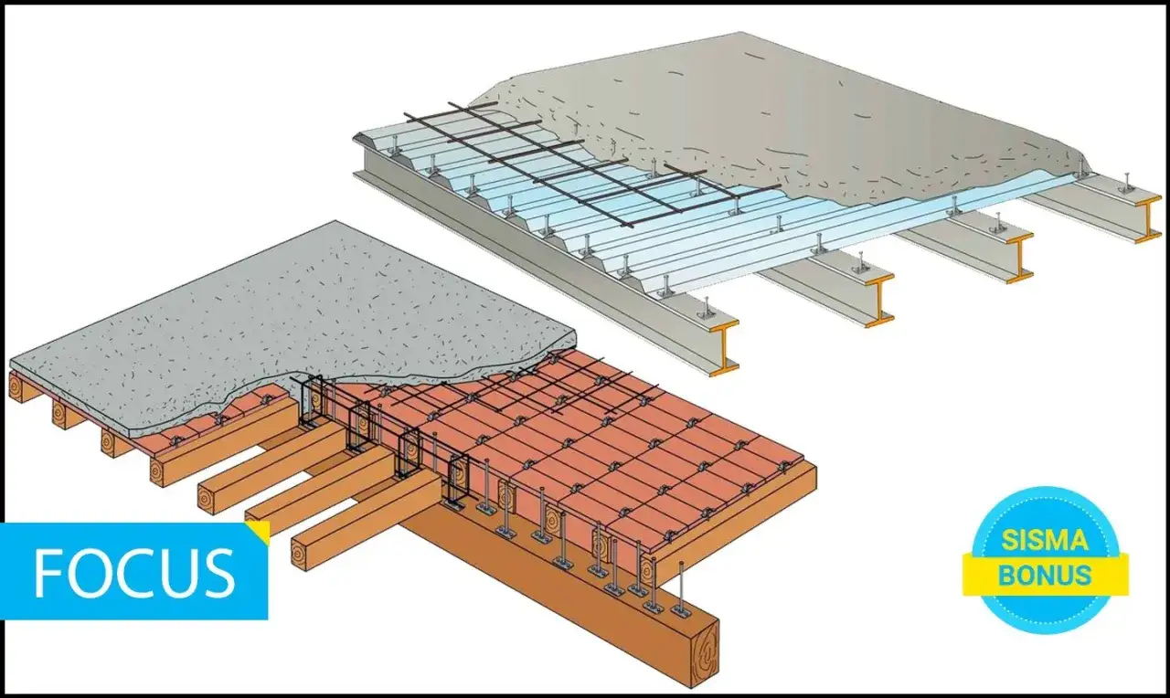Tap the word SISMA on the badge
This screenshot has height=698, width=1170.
tap(1046, 541)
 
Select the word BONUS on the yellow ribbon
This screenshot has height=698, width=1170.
tap(1046, 575)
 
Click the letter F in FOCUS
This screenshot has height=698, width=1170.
tap(49, 572)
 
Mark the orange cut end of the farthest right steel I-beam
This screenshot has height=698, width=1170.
tap(1147, 219)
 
